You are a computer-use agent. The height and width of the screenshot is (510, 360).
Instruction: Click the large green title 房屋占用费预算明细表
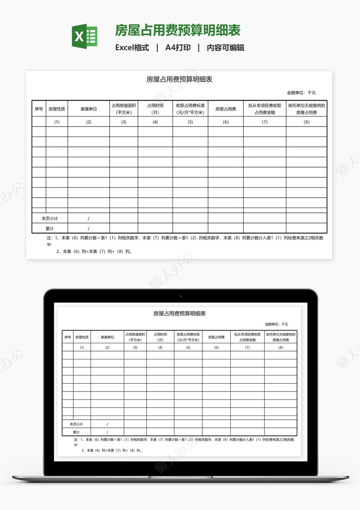pyautogui.click(x=178, y=31)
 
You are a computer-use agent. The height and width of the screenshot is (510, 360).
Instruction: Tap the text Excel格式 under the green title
pyautogui.click(x=132, y=48)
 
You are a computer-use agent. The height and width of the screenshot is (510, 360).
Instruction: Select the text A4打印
pyautogui.click(x=178, y=48)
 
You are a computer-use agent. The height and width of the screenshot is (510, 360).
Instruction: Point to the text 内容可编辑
pyautogui.click(x=226, y=48)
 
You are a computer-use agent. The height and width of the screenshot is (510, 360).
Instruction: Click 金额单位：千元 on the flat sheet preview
pyautogui.click(x=301, y=93)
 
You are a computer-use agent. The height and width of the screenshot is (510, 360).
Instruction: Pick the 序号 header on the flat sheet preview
pyautogui.click(x=39, y=109)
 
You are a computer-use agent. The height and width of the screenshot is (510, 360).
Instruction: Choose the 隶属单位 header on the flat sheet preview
pyautogui.click(x=89, y=109)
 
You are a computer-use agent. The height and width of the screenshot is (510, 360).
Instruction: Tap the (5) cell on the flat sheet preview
pyautogui.click(x=190, y=122)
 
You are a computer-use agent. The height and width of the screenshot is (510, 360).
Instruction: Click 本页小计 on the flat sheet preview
pyautogui.click(x=50, y=218)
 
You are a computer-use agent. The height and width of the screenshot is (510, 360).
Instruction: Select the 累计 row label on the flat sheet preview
pyautogui.click(x=50, y=228)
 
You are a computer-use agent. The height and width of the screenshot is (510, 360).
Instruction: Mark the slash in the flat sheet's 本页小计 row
pyautogui.click(x=89, y=218)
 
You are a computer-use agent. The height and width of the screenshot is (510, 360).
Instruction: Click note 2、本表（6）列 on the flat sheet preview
pyautogui.click(x=94, y=252)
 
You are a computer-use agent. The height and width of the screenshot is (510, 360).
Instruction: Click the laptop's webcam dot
pyautogui.click(x=180, y=296)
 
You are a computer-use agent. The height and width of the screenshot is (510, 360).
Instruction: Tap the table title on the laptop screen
pyautogui.click(x=179, y=313)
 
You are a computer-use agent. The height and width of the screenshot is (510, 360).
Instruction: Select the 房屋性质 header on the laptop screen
pyautogui.click(x=82, y=337)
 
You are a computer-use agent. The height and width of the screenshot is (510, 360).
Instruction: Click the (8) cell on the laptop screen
pyautogui.click(x=280, y=347)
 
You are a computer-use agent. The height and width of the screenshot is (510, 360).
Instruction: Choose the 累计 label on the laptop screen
pyautogui.click(x=76, y=432)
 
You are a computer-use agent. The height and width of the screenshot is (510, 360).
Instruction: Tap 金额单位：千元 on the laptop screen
pyautogui.click(x=277, y=324)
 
